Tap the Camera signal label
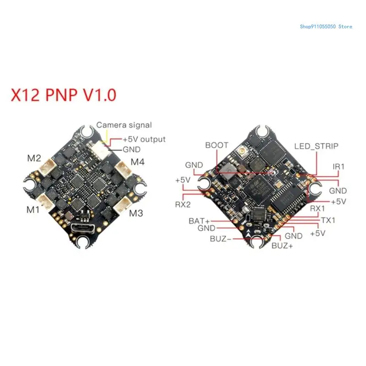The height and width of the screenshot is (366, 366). coord(124,125)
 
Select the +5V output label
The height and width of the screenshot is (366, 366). coord(144,139)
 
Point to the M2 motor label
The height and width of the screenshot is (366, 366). coord(34,159)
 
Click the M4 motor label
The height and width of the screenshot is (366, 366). coord(138,161)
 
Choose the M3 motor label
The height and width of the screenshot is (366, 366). coord(136,213)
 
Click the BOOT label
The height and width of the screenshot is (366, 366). coord(216,145)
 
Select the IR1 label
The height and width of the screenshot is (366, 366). coord(339,167)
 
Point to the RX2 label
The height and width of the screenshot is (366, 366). coord(183,205)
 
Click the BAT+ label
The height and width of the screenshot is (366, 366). coord(199,221)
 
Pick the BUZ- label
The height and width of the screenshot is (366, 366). coord(221,238)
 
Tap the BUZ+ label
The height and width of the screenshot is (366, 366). coord(281,246)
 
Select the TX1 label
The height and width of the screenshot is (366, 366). coord(328,220)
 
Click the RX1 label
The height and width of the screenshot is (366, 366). coord(318,209)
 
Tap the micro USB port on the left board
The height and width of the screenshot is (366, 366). coord(83,227)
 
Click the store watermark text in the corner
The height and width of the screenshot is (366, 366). coord(326,27)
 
